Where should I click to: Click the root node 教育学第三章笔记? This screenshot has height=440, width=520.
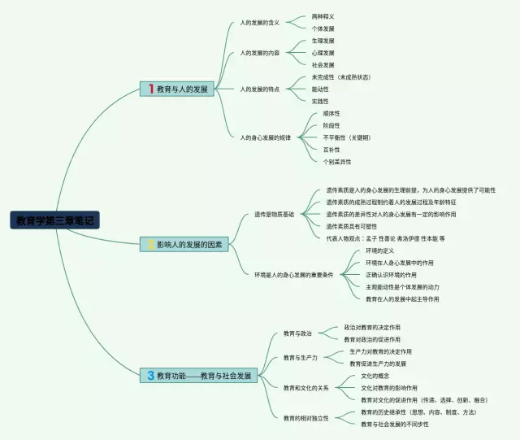pyautogui.click(x=56, y=220)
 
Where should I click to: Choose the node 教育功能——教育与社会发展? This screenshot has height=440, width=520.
pyautogui.click(x=199, y=376)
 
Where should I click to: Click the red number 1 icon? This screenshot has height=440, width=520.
pyautogui.click(x=149, y=89)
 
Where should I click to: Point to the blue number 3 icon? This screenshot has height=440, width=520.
pyautogui.click(x=150, y=376)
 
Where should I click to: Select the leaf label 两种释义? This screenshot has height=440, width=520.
pyautogui.click(x=323, y=16)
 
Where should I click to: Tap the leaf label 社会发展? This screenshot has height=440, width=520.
pyautogui.click(x=323, y=64)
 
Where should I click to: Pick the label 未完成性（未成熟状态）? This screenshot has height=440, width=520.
pyautogui.click(x=340, y=77)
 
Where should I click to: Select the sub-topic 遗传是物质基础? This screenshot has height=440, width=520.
pyautogui.click(x=274, y=214)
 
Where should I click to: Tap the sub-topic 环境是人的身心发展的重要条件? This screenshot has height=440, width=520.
pyautogui.click(x=293, y=275)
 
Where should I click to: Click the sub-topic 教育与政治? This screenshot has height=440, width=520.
pyautogui.click(x=297, y=333)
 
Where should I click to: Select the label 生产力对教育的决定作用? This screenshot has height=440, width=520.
pyautogui.click(x=380, y=351)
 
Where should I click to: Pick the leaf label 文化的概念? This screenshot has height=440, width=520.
pyautogui.click(x=375, y=376)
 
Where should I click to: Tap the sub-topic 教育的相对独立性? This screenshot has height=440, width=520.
pyautogui.click(x=306, y=418)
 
